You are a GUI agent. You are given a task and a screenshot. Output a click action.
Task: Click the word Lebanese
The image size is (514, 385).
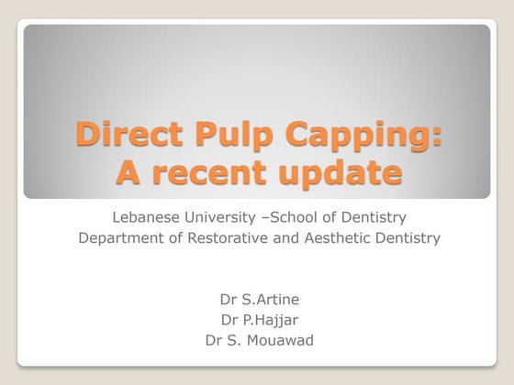click(x=143, y=217)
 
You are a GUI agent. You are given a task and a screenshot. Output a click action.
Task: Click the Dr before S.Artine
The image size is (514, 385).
click(x=229, y=299)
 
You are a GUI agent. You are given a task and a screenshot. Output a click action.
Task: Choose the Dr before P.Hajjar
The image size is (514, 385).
click(x=229, y=320)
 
